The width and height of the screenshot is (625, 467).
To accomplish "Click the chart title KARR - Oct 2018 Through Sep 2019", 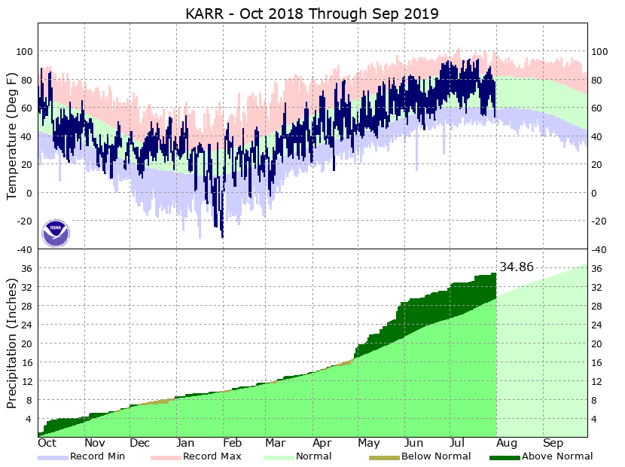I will pyautogui.click(x=312, y=13).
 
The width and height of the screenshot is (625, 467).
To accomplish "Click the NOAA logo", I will pyautogui.click(x=56, y=233).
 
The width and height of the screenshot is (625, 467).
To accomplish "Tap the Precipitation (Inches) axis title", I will pyautogui.click(x=13, y=342).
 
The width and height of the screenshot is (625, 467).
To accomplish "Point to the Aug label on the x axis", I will pyautogui.click(x=508, y=443).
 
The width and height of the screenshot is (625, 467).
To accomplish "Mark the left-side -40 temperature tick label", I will pyautogui.click(x=23, y=249).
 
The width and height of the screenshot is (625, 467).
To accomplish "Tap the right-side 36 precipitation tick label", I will pyautogui.click(x=599, y=269).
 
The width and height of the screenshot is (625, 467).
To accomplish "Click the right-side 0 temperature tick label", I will pyautogui.click(x=594, y=193).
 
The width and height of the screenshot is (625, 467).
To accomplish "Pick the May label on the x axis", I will pyautogui.click(x=369, y=443).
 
